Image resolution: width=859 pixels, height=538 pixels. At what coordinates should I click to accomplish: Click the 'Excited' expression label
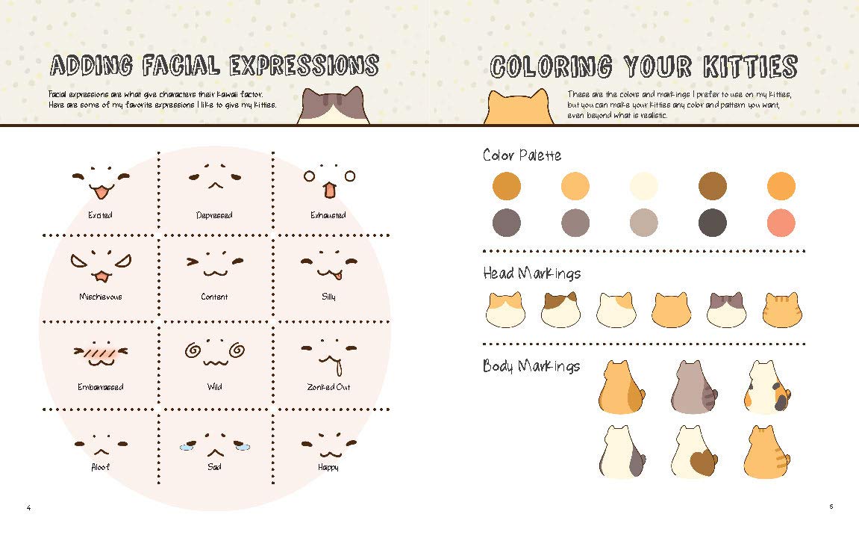(100, 215)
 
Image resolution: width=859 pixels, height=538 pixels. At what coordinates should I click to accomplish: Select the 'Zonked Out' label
(328, 387)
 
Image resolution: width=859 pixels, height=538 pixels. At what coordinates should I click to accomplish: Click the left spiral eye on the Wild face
(193, 350)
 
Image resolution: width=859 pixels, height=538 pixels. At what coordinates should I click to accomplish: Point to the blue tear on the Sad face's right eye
(243, 446)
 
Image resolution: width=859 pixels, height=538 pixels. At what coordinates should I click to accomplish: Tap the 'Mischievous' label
(100, 297)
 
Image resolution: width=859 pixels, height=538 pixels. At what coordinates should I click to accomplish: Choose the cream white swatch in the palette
(644, 186)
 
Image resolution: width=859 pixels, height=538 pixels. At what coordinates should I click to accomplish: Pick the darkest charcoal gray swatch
(713, 223)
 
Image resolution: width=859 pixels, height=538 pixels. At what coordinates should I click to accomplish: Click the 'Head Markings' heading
(531, 273)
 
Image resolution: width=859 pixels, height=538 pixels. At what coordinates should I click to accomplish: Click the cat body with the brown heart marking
(695, 453)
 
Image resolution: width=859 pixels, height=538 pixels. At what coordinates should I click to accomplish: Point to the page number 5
(831, 507)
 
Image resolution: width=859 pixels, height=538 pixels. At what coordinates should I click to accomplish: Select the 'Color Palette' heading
(522, 155)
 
